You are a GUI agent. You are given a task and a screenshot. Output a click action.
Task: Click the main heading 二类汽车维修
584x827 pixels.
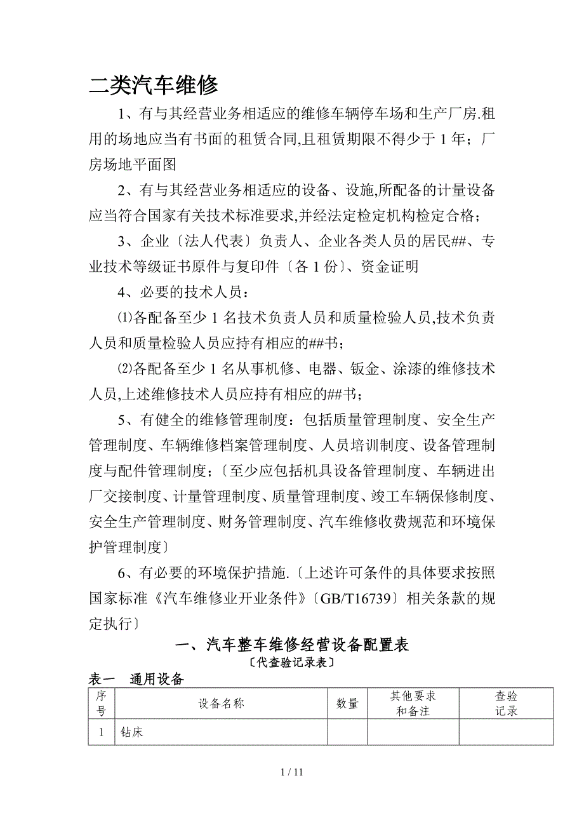point(154,85)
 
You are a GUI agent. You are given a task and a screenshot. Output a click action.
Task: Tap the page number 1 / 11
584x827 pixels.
point(292,772)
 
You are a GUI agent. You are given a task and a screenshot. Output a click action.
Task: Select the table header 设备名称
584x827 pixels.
point(221,703)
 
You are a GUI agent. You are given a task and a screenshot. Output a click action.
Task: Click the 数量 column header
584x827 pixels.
point(347,703)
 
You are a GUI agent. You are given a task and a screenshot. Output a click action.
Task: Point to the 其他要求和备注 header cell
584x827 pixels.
point(413,703)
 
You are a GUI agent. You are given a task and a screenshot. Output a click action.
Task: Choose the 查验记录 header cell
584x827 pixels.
point(506,703)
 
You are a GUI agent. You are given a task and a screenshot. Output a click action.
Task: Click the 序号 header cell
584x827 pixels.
point(101,703)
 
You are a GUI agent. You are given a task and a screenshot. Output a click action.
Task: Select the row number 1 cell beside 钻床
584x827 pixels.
point(101,732)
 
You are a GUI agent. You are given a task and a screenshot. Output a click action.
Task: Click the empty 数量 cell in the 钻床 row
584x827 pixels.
point(347,732)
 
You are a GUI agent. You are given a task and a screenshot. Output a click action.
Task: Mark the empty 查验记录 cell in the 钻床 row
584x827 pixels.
point(506,732)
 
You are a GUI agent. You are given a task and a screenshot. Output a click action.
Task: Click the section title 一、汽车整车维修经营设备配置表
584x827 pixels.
point(291,645)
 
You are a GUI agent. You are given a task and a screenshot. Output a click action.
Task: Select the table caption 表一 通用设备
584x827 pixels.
point(136,679)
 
